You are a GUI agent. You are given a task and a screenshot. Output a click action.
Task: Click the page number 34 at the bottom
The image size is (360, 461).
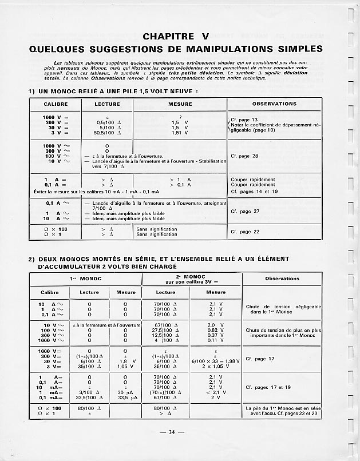pyautogui.click(x=172, y=432)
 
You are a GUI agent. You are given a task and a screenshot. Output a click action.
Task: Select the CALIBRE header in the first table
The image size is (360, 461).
pyautogui.click(x=56, y=104)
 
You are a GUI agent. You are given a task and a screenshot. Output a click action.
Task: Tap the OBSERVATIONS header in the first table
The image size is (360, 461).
pyautogui.click(x=274, y=104)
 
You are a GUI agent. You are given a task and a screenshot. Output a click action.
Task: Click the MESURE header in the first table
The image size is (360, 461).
pyautogui.click(x=180, y=104)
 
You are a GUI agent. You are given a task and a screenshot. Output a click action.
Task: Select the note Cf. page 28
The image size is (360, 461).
pyautogui.click(x=244, y=156)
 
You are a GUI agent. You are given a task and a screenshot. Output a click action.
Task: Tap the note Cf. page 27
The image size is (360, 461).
pyautogui.click(x=244, y=211)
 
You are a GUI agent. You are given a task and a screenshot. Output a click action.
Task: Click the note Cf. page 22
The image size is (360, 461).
pyautogui.click(x=244, y=232)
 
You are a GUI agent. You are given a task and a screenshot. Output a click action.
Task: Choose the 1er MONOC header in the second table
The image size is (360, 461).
pyautogui.click(x=85, y=279)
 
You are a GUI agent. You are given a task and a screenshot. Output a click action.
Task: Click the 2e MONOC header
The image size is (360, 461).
pyautogui.click(x=192, y=279)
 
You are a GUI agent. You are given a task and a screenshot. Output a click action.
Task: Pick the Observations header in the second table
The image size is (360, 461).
pyautogui.click(x=282, y=279)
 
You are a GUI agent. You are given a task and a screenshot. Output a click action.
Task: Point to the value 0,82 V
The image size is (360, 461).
pyautogui.click(x=216, y=330)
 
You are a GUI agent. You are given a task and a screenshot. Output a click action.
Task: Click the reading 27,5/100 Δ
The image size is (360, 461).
pyautogui.click(x=166, y=330)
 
